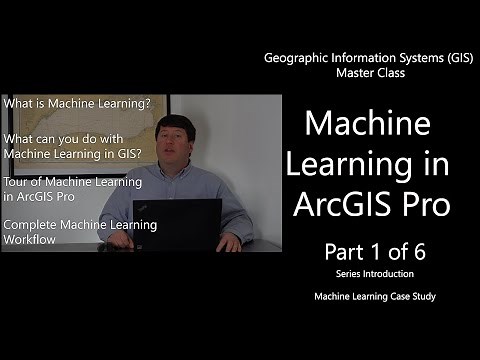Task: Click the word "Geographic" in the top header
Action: coord(296,59)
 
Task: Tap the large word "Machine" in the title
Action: coord(367,125)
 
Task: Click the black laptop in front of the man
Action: coord(191,224)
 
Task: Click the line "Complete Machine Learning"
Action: coord(80,225)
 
